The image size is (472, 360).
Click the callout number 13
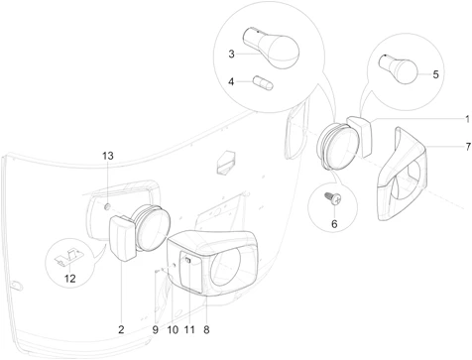point(108,156)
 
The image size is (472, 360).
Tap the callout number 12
point(69,279)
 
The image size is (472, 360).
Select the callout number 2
point(121,329)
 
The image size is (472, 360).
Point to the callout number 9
point(156,329)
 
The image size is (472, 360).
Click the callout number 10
point(173,329)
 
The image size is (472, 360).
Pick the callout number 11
point(189,329)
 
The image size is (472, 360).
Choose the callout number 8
point(206,329)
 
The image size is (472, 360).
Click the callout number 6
point(334,224)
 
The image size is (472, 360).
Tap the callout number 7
point(468,146)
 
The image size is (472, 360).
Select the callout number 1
point(468,119)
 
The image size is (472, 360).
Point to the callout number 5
point(435,74)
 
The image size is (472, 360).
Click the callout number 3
point(231,54)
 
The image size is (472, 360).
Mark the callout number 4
point(231,81)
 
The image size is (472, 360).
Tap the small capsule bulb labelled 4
point(263,83)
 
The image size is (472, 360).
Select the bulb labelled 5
point(399,68)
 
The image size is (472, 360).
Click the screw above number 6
point(333,198)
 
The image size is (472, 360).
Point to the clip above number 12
point(68,257)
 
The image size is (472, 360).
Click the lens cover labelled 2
point(122,238)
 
